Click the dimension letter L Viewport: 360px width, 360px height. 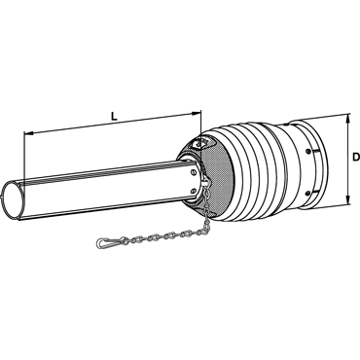coord(114,117)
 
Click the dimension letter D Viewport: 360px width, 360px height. coord(356,158)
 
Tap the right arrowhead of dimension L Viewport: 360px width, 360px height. coord(197,113)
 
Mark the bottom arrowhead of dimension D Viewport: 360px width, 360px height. coord(348,199)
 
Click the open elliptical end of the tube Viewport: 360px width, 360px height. coord(13,200)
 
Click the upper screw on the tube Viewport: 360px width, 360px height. coord(193,173)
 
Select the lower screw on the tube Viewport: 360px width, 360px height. coord(194,191)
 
